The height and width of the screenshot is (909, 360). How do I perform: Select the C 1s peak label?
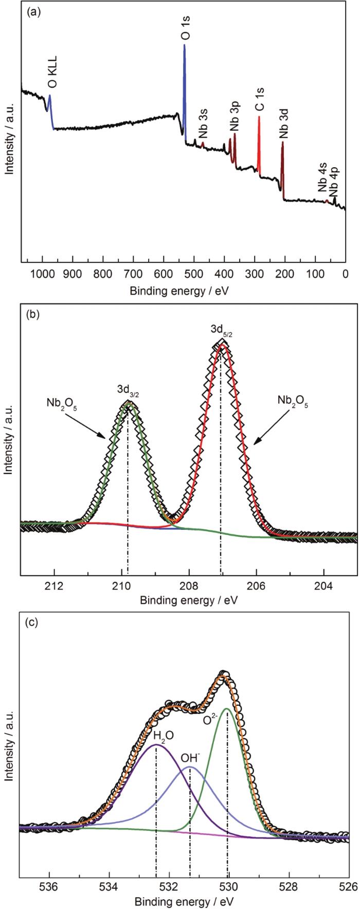pos(260,99)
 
